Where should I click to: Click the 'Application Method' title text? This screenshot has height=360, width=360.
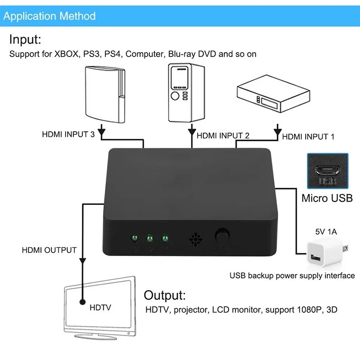pos(49,17)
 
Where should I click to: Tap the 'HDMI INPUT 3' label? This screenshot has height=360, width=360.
pos(68,134)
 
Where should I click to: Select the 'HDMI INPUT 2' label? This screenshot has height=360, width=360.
pos(223,135)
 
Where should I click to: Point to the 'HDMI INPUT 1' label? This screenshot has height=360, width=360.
pos(308,136)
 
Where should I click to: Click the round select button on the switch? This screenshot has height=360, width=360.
pos(222,235)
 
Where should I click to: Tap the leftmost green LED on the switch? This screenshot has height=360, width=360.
pos(134,238)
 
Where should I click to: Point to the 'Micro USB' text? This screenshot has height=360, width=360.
pos(327,198)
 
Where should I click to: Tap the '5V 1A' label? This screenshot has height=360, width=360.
pos(326,233)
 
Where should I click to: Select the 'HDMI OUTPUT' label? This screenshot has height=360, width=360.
pos(49,250)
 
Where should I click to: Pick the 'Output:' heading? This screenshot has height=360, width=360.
pos(164,296)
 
